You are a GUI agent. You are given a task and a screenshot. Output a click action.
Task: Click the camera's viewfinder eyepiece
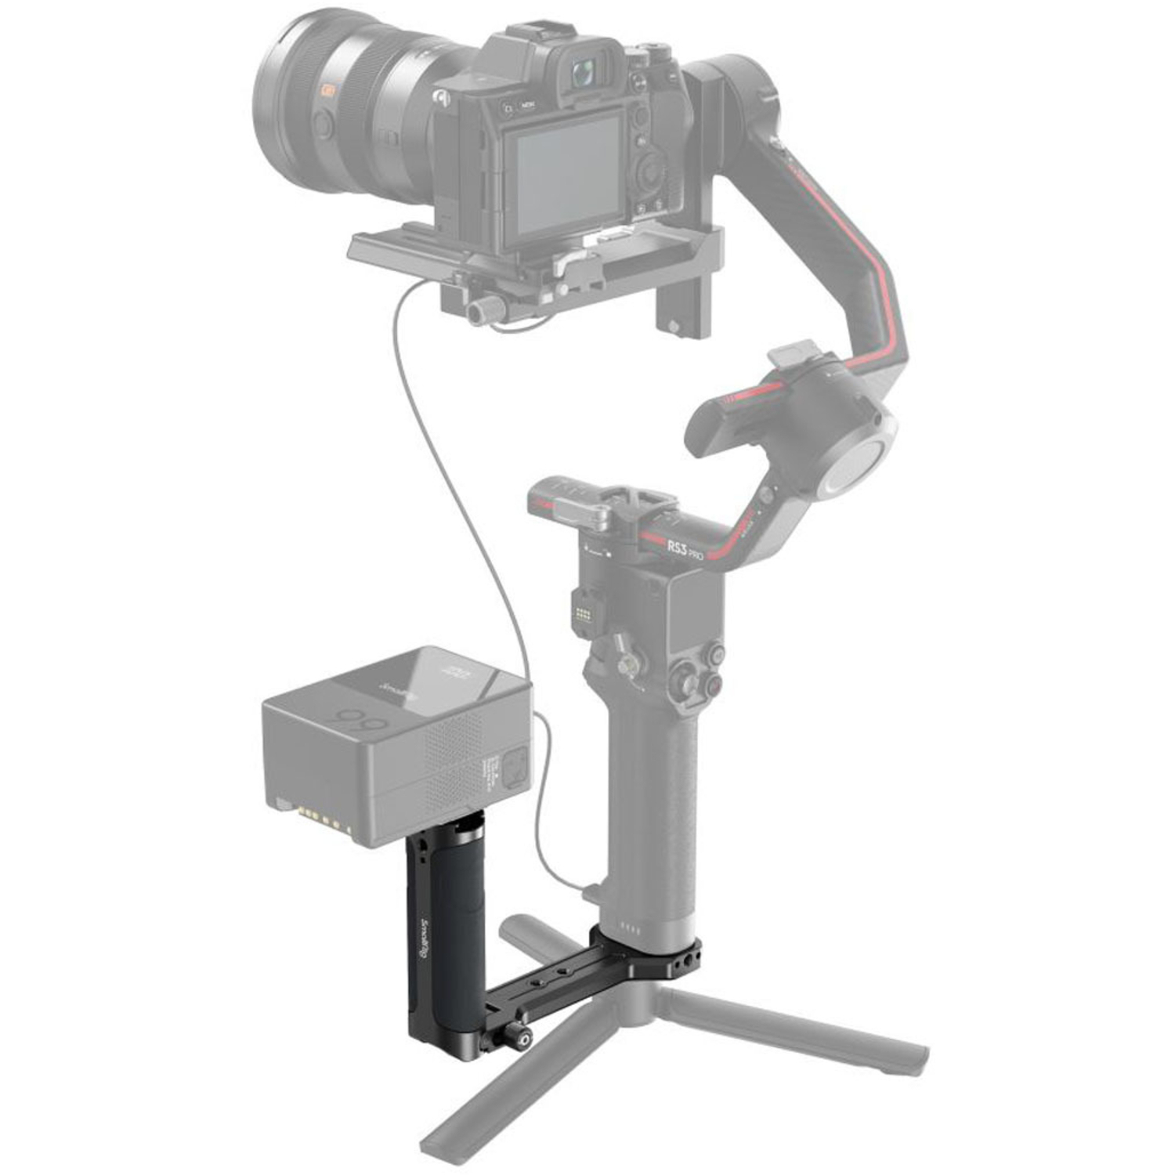coord(581,74)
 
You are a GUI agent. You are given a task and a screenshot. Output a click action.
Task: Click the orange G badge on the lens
coord(327,92)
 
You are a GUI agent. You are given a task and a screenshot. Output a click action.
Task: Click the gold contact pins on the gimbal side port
coord(581,619)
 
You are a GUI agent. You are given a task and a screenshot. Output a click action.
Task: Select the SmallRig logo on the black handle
coord(426,940)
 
